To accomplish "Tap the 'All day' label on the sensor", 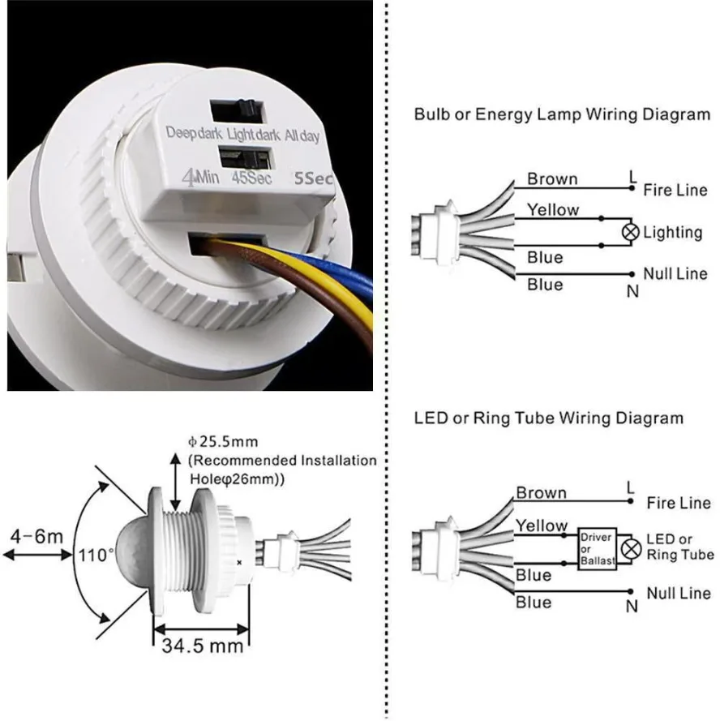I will point(302,135).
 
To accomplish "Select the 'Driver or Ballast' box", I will point(597,549).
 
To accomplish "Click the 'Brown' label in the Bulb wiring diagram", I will point(552,179).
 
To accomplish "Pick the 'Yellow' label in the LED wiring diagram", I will point(542,526).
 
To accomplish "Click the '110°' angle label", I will point(97,556).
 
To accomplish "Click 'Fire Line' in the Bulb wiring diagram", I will point(675,191).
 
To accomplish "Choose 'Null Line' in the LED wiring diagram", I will point(677,594).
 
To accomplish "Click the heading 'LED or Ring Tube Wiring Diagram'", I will point(548,418).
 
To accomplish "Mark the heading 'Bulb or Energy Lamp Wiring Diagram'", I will point(562,114).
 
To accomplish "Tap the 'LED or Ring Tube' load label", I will point(679,547).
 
